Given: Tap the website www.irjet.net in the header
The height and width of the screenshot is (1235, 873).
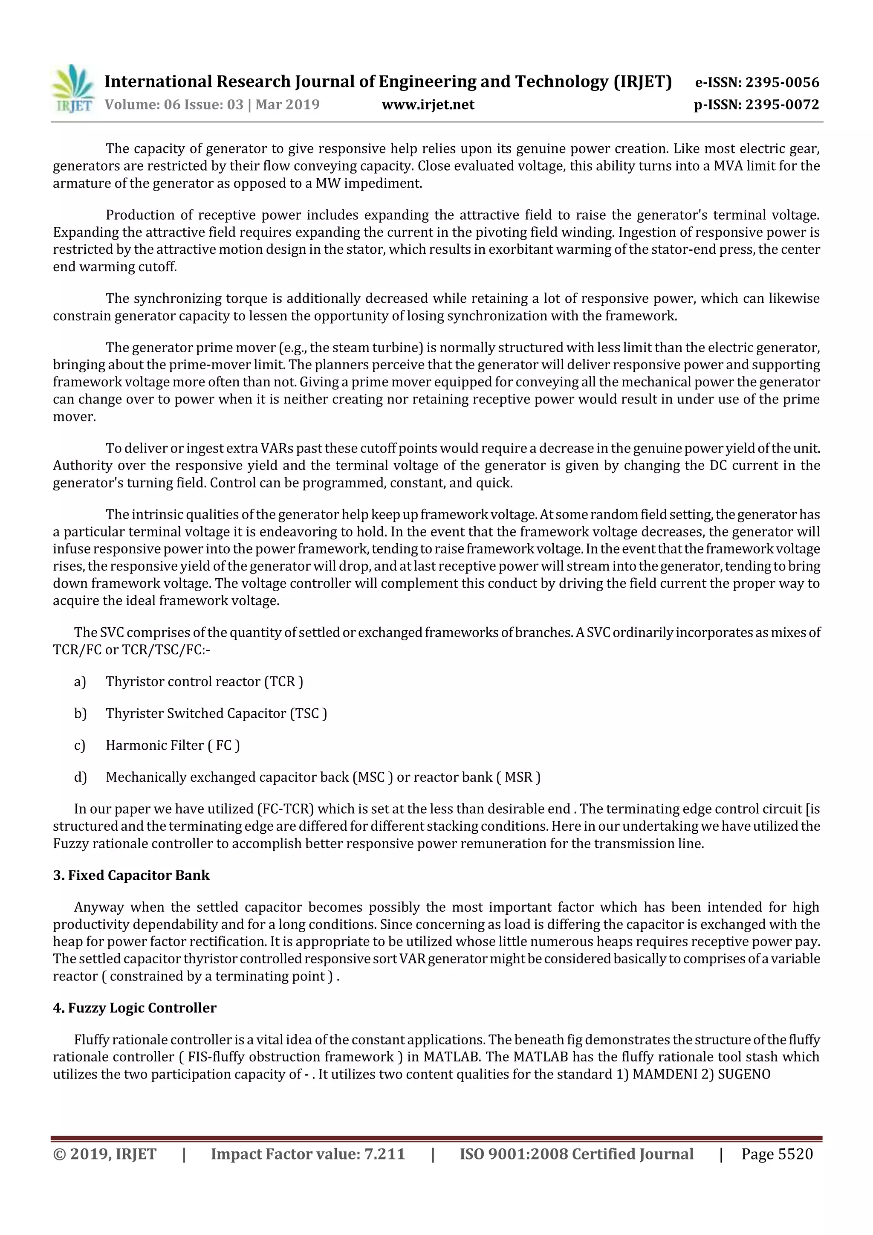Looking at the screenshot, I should tap(428, 104).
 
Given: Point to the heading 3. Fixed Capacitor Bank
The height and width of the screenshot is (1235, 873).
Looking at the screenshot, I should tap(131, 875).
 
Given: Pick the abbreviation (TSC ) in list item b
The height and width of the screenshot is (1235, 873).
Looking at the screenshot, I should tap(309, 713).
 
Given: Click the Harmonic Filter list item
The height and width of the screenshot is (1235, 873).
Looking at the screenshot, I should tap(173, 745).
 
